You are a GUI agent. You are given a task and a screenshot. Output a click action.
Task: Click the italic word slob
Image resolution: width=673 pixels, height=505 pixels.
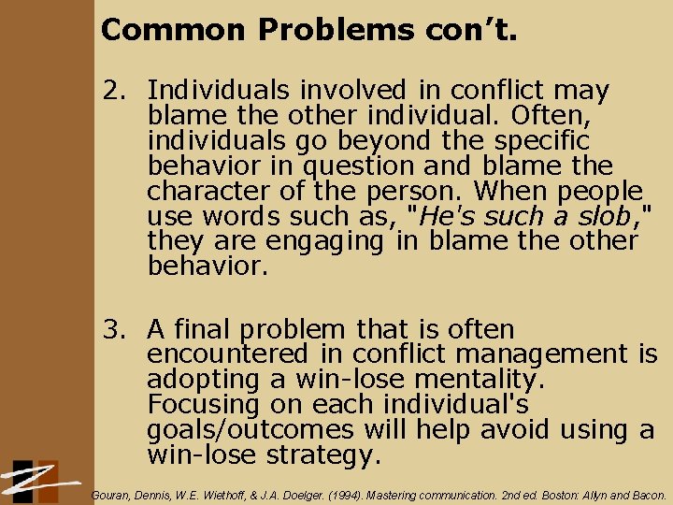[603, 216]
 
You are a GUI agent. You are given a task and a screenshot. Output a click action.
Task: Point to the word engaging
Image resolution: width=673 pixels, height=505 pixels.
[323, 241]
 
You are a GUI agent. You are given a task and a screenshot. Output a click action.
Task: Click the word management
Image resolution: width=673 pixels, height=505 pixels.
[539, 355]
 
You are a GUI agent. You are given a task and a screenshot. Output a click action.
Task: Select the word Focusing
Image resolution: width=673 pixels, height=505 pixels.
[198, 405]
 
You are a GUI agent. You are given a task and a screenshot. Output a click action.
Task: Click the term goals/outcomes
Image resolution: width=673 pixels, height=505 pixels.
[251, 430]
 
